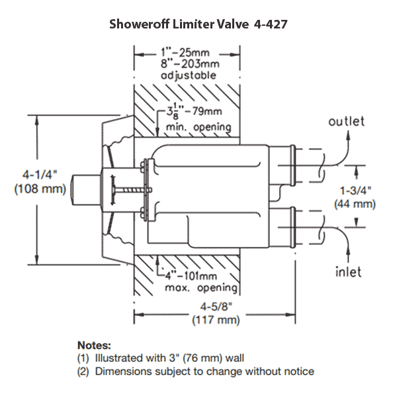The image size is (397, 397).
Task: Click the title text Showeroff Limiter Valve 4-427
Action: (x=198, y=24)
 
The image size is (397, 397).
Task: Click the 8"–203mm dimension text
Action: (x=188, y=64)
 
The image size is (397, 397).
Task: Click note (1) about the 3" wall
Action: (x=161, y=358)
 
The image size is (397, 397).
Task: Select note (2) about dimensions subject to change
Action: (x=196, y=371)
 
